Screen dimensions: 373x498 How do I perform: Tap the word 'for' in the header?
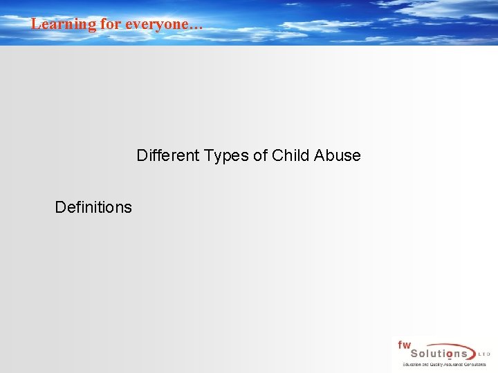click(111, 23)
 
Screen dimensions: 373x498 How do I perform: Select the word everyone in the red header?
click(156, 23)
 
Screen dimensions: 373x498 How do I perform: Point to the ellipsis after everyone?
click(196, 26)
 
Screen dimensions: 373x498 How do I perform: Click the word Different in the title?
click(165, 155)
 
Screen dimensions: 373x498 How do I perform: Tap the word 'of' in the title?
click(260, 155)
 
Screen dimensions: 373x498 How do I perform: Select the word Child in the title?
click(290, 155)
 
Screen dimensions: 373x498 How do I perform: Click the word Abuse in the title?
click(338, 155)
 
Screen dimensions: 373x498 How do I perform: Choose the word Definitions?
click(93, 207)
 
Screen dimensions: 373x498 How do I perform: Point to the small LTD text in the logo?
click(484, 354)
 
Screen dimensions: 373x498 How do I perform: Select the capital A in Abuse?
click(319, 155)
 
